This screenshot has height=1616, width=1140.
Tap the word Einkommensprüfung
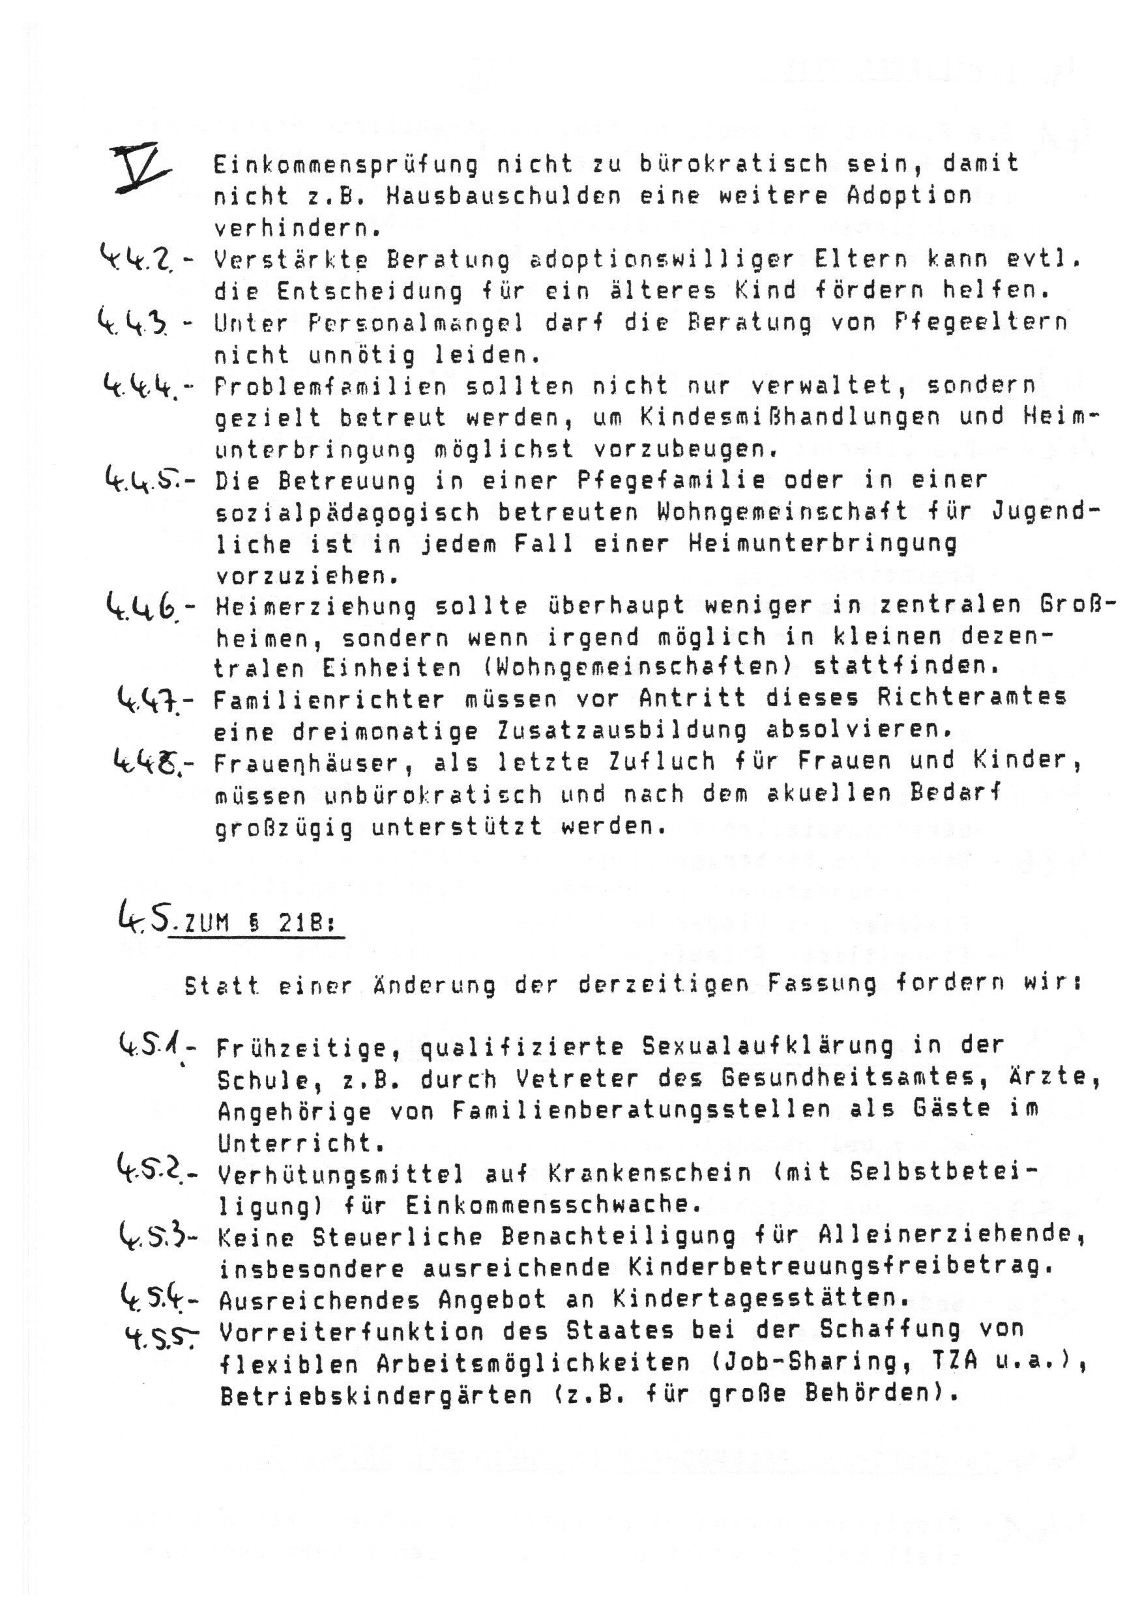[x=345, y=165]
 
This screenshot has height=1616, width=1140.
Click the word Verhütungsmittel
[x=341, y=1174]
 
